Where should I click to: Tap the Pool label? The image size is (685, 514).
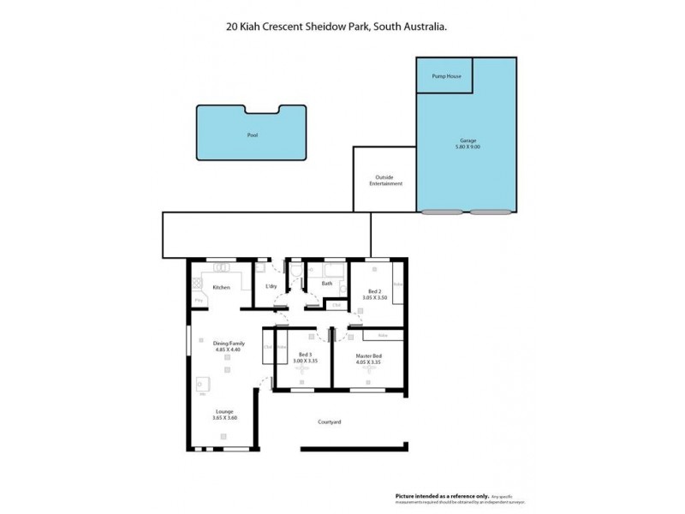(252, 135)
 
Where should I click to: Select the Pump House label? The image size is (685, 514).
(445, 76)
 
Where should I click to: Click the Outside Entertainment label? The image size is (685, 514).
(385, 181)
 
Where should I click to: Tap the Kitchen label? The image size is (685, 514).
(221, 287)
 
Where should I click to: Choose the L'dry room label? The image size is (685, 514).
(271, 285)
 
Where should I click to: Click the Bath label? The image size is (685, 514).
(327, 284)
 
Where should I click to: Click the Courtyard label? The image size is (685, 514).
(330, 421)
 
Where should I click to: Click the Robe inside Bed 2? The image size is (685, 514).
(398, 284)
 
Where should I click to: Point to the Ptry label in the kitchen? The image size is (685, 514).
(198, 301)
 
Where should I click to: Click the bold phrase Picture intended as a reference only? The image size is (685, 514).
(443, 496)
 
